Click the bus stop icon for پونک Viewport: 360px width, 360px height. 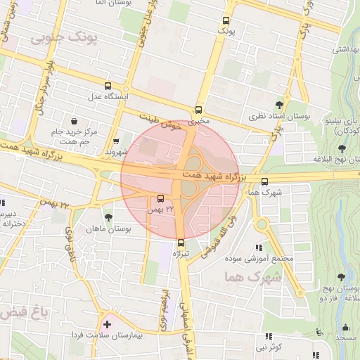point(226,21)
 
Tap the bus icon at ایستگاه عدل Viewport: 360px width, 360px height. point(108,84)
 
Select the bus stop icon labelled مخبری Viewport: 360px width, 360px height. point(199,110)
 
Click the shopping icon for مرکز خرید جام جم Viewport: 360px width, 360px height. point(75,121)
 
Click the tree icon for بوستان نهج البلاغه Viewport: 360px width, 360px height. point(342,148)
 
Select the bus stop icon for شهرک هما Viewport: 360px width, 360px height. point(264,181)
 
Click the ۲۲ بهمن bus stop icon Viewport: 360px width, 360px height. point(160,199)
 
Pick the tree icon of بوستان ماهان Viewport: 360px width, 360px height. point(108,217)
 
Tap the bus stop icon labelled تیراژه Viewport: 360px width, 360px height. point(181,243)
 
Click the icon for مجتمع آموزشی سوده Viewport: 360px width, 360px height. point(259,247)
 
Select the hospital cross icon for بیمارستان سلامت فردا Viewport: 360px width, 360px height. point(107,325)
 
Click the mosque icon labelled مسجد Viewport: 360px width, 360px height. point(345,327)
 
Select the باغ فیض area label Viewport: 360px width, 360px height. point(22,311)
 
